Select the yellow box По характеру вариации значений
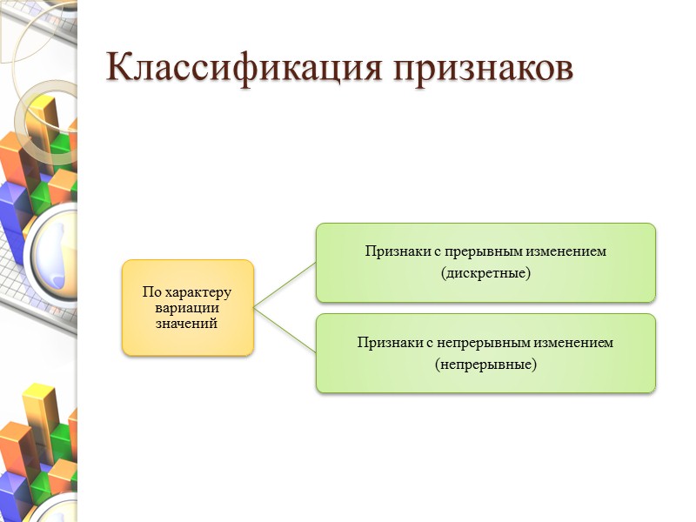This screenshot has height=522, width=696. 188,307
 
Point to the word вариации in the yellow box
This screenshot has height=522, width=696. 188,308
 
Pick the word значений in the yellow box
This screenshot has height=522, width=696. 188,323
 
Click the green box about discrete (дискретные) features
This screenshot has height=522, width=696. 485,263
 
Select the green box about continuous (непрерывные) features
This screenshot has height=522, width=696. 485,353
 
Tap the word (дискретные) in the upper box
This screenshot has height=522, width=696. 485,273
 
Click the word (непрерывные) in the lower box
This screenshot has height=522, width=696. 485,364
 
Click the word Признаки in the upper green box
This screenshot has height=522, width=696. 392,251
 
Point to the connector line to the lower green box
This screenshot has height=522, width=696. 284,330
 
